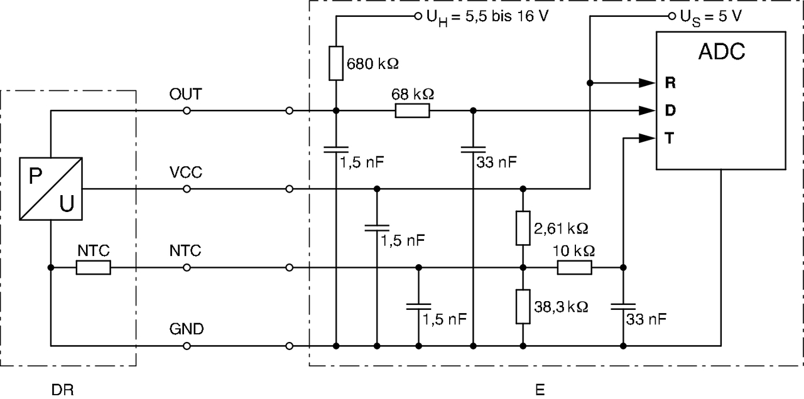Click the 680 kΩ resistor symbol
point(336,63)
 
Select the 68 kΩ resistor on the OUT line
point(412,111)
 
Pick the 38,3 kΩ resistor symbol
point(523,307)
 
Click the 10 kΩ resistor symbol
point(574,268)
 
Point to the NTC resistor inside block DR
point(94,268)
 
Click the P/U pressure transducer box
point(51,188)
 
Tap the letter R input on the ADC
point(670,82)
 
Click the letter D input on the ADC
point(670,110)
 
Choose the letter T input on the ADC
point(670,139)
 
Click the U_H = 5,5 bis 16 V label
point(487,16)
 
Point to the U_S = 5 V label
point(710,16)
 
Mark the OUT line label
point(186,95)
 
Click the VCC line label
point(186,173)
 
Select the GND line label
point(186,329)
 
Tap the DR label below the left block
point(62,390)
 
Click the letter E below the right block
point(540,390)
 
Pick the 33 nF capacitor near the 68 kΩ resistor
point(473,150)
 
